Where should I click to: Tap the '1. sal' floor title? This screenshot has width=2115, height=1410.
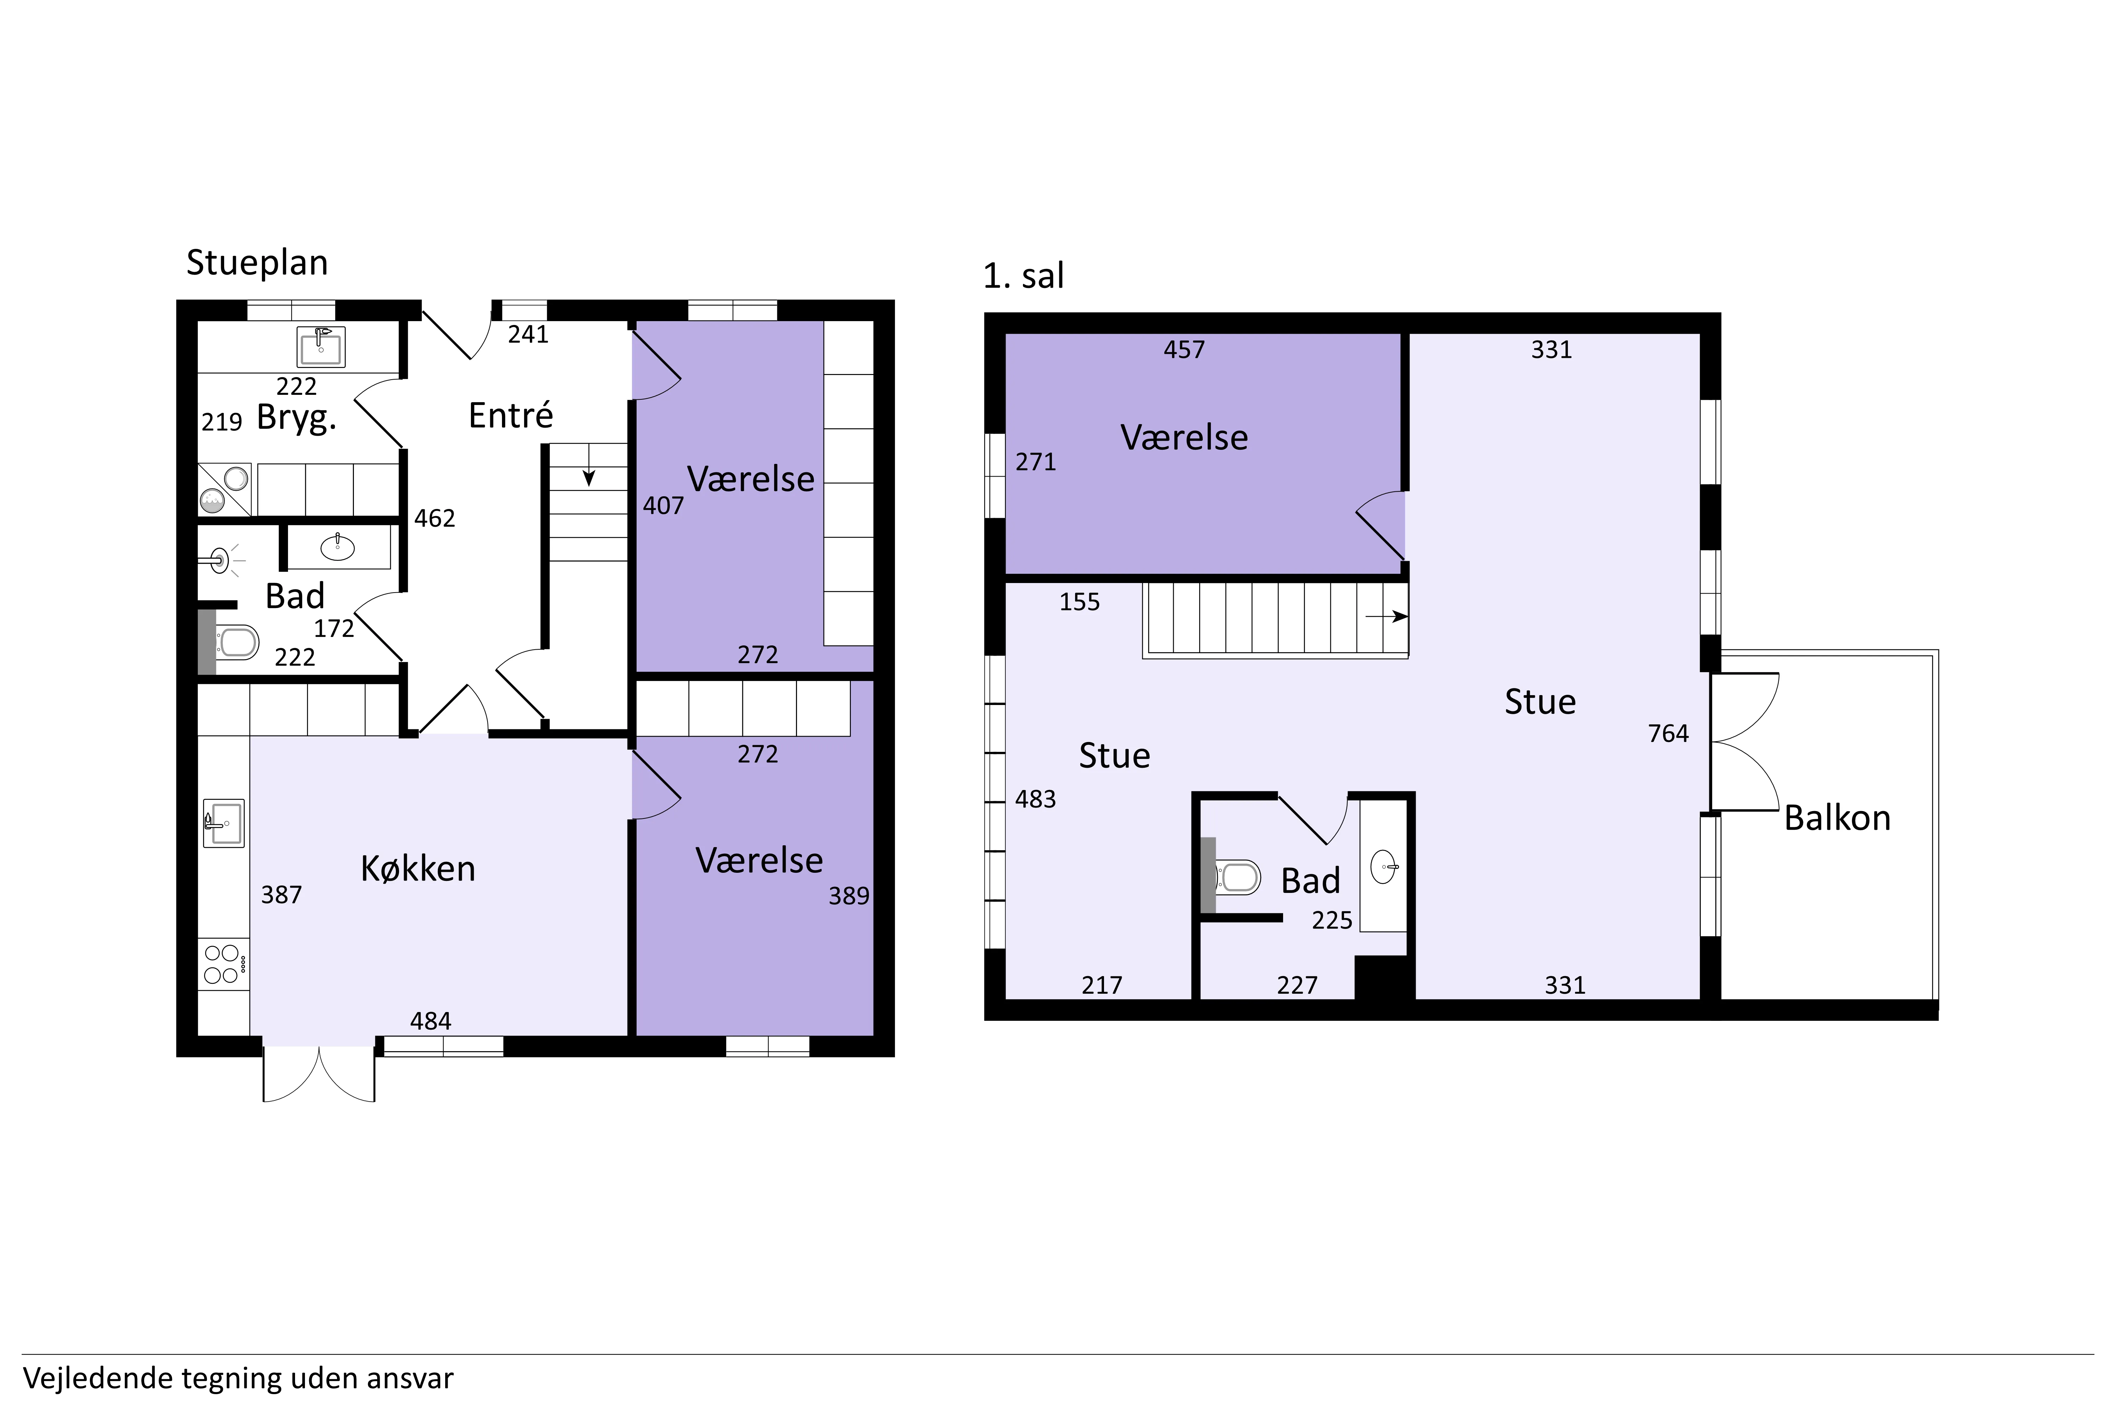point(1023,275)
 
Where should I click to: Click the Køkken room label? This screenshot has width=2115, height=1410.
point(418,869)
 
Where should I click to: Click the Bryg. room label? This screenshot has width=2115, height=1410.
point(297,418)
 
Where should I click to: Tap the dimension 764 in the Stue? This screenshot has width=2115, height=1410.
point(1668,734)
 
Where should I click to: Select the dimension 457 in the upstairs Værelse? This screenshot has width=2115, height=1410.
point(1184,350)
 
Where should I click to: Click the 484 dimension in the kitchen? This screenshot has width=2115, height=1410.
point(431,1022)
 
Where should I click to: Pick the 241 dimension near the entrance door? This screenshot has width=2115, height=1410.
point(528,335)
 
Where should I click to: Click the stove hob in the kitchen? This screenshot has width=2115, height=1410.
point(222,964)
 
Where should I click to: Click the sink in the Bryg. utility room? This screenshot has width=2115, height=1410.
point(321,346)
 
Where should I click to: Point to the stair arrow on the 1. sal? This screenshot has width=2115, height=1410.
point(1387,617)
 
